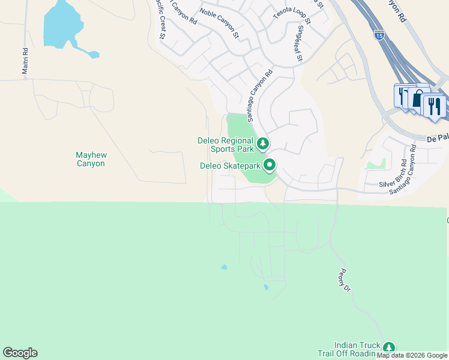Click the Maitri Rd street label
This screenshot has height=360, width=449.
coord(25,61)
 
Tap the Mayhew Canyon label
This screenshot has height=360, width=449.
coord(91,159)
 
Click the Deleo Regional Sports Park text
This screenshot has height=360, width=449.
coord(225,145)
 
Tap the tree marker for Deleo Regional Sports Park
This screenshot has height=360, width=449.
coord(262,144)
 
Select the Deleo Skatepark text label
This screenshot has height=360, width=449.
coord(230,165)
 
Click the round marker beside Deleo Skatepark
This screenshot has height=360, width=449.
coord(270,164)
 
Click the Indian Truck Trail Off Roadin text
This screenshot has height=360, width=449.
coord(357,349)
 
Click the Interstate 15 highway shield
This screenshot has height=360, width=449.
coord(379,35)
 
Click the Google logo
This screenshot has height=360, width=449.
coord(20,353)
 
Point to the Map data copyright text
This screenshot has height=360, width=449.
coord(412,356)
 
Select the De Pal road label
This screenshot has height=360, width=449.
coord(438,139)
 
